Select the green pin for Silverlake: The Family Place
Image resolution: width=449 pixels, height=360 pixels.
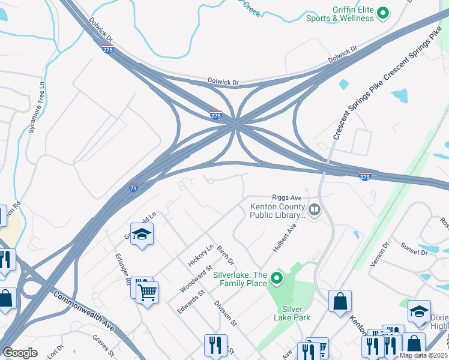pyautogui.click(x=276, y=278)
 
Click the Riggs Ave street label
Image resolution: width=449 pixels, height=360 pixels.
pyautogui.click(x=287, y=197)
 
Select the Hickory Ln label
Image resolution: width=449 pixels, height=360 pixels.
pyautogui.click(x=200, y=256)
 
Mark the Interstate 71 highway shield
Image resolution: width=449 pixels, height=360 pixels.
pyautogui.click(x=134, y=188)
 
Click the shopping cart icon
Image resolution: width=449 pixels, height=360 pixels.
pyautogui.click(x=147, y=293)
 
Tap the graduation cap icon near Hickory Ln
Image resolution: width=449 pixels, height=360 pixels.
pyautogui.click(x=142, y=235)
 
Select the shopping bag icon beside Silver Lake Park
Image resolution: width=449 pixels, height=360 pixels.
pyautogui.click(x=340, y=301)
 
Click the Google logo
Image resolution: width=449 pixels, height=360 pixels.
pyautogui.click(x=20, y=353)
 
